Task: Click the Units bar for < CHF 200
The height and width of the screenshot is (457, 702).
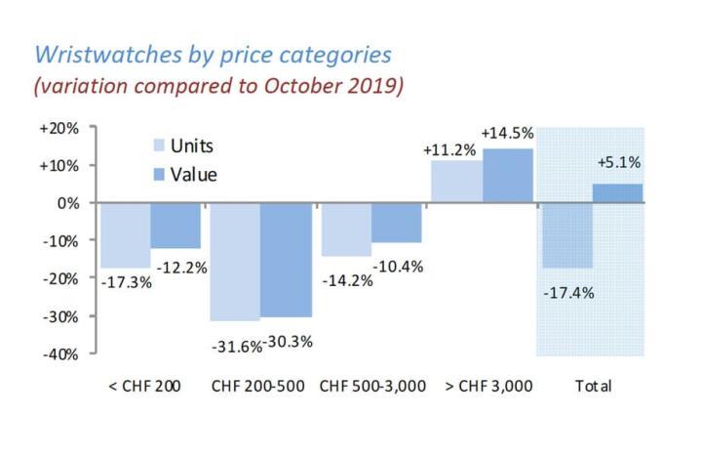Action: pyautogui.click(x=125, y=235)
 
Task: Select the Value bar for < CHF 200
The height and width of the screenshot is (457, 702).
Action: pyautogui.click(x=175, y=226)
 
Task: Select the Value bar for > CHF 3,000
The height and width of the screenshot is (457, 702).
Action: pyautogui.click(x=507, y=176)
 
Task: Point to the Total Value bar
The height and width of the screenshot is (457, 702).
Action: pyautogui.click(x=617, y=193)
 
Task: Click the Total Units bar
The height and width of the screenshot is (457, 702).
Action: pyautogui.click(x=566, y=235)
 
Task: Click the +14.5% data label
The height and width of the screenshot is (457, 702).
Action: pyautogui.click(x=506, y=132)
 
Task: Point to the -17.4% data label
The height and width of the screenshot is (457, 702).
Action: pyautogui.click(x=566, y=292)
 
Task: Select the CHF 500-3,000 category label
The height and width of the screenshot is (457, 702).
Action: pyautogui.click(x=373, y=386)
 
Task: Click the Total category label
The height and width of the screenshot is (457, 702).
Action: pyautogui.click(x=593, y=386)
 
